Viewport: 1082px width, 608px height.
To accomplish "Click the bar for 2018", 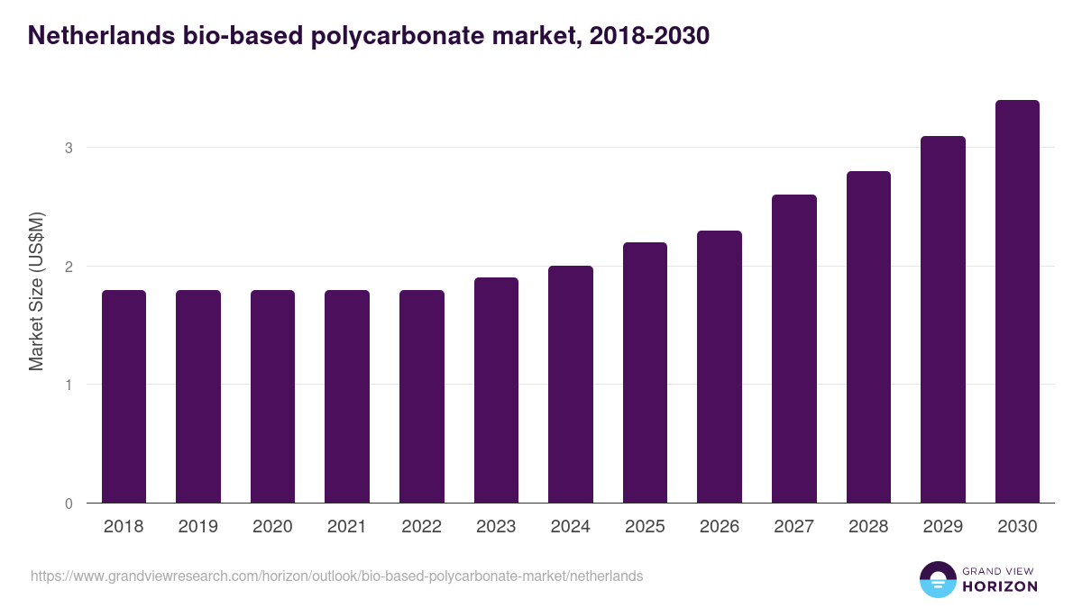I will tap(124, 396).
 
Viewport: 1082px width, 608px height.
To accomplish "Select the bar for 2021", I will tap(347, 396).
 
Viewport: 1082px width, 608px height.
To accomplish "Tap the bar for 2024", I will tap(571, 385).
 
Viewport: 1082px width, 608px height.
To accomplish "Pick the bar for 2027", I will tap(794, 349).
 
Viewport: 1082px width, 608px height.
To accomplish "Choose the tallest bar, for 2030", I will tap(1017, 302).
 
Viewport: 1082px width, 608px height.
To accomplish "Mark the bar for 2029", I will tap(943, 320).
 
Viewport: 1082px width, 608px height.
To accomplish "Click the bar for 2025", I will tap(645, 373).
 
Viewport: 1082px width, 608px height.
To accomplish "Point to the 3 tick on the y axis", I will tap(69, 148).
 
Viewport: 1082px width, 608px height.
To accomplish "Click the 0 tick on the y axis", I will tap(69, 504).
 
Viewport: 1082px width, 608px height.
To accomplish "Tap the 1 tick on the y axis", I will tap(69, 385).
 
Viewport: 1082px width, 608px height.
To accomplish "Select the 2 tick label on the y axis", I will tap(69, 267).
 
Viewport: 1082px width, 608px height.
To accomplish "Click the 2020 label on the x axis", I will tap(272, 527).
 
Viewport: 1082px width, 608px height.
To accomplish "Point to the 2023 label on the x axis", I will tap(496, 527).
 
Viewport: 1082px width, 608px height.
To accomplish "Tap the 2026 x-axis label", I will tap(720, 527).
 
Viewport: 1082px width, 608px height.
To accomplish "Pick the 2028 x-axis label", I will tap(868, 527).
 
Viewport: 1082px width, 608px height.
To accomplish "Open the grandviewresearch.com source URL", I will tap(336, 576).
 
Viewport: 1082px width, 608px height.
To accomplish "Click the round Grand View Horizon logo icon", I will tap(938, 579).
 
